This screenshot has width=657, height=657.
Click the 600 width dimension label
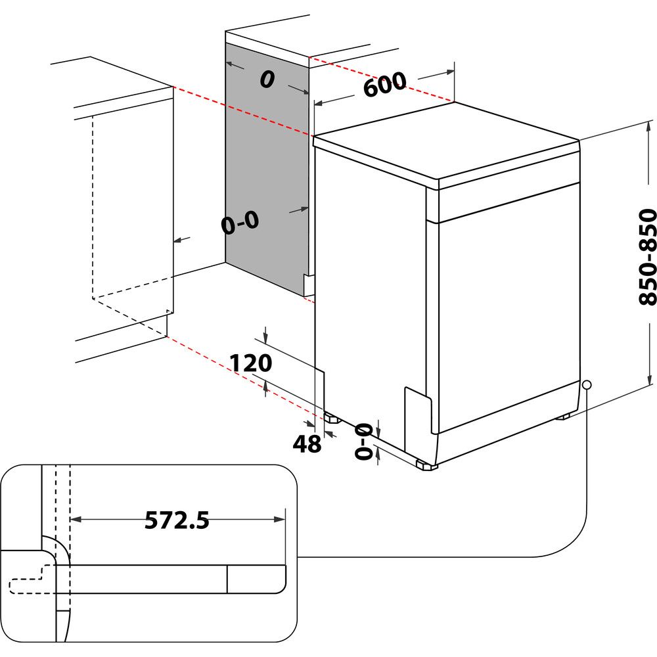click(385, 85)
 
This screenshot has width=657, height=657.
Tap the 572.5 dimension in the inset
click(177, 520)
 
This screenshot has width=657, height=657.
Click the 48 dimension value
click(307, 444)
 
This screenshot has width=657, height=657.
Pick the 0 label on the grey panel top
click(266, 79)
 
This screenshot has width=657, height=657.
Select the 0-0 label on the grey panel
click(240, 223)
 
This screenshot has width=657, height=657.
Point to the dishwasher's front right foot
click(426, 466)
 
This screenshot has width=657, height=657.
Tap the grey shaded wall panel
click(266, 164)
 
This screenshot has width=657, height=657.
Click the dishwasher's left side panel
click(368, 296)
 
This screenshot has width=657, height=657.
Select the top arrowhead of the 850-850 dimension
click(650, 125)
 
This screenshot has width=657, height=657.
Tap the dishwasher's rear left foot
click(330, 417)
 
